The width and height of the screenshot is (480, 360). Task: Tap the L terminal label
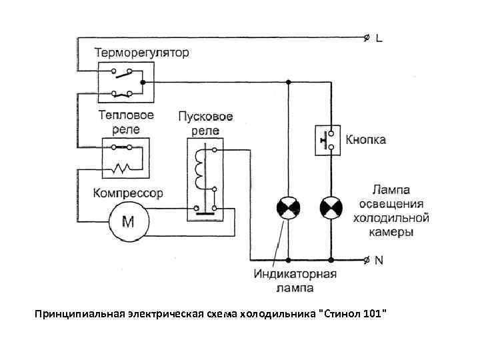[x=379, y=39]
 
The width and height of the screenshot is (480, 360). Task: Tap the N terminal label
[x=379, y=260]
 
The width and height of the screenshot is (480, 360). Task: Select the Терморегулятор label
[x=141, y=51]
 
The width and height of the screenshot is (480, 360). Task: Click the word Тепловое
[x=126, y=115]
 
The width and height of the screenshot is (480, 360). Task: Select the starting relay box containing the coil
[x=205, y=175]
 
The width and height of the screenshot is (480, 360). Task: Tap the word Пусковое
[x=205, y=116]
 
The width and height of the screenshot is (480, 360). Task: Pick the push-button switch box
[x=328, y=140]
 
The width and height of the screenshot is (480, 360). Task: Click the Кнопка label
[x=365, y=141]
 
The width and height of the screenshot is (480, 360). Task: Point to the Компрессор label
[x=129, y=193]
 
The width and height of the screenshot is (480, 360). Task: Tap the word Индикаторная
[x=295, y=275]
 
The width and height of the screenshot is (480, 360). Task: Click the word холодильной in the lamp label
[x=390, y=218]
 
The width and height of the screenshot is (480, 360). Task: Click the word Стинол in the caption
[x=341, y=313]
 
